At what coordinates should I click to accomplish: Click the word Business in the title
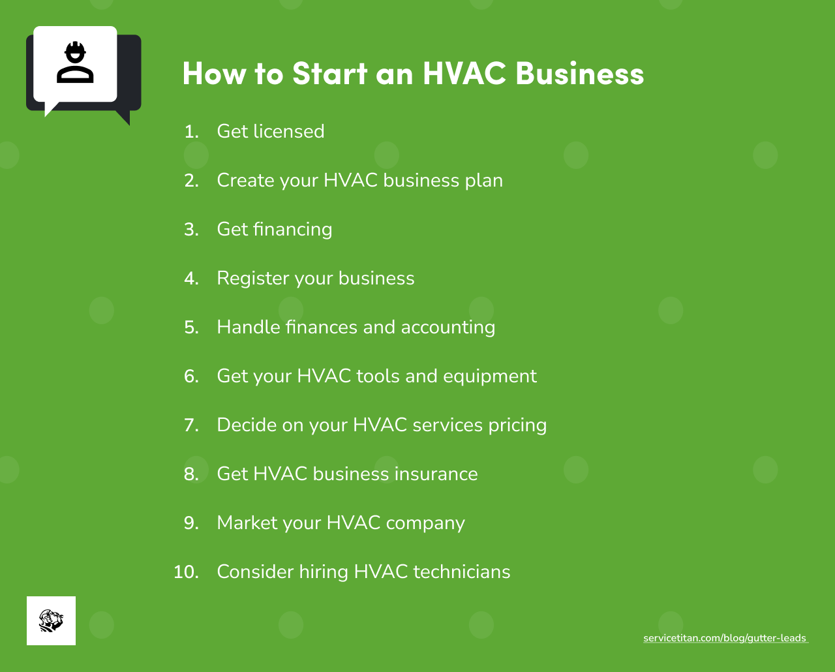[x=579, y=73]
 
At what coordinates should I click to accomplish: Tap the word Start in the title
[x=329, y=73]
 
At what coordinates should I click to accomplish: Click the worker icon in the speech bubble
[x=75, y=63]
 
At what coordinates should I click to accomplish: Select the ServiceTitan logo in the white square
[x=51, y=620]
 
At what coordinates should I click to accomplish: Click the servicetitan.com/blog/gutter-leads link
[x=725, y=638]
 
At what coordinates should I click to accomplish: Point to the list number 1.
[x=190, y=132]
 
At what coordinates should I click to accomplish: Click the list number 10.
[x=186, y=572]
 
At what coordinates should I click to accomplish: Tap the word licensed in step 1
[x=288, y=132]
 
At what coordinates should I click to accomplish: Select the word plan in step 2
[x=484, y=181]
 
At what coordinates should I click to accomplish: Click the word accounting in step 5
[x=448, y=328]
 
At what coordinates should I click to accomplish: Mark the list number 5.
[x=191, y=328]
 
